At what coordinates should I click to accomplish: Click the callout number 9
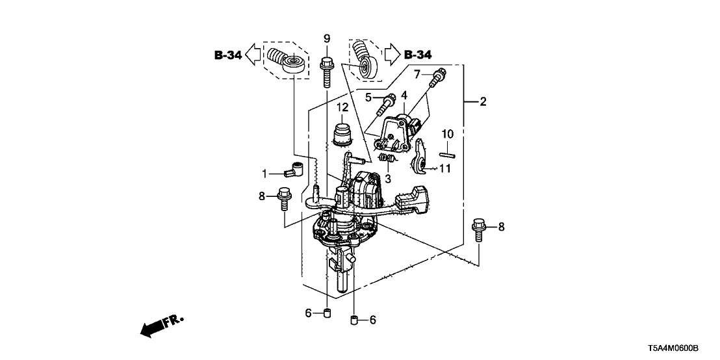pos(327,38)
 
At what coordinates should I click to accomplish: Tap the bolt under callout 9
pos(326,71)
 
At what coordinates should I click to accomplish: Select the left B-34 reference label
pos(228,56)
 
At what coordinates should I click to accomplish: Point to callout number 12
pos(342,107)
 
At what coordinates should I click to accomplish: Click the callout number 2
pos(483,101)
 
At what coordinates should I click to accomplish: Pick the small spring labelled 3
pos(387,158)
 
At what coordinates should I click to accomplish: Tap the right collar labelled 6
pos(354,319)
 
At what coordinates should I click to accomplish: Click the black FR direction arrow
pos(153,329)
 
